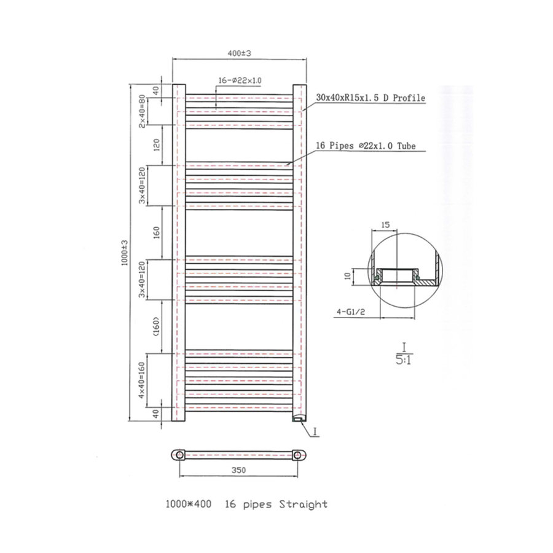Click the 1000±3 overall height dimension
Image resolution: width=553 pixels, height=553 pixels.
click(x=125, y=253)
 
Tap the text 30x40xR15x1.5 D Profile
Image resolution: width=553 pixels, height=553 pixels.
click(x=370, y=98)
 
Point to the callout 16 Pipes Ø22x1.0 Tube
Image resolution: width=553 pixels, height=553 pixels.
click(x=366, y=146)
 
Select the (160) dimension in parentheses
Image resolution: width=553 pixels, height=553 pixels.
click(x=157, y=326)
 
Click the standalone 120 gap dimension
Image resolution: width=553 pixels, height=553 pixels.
click(x=157, y=146)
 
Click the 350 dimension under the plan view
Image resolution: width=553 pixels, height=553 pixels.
click(x=239, y=470)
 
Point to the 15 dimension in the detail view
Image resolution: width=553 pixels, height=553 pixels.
click(x=386, y=225)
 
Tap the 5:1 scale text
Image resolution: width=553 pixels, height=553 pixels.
click(x=403, y=359)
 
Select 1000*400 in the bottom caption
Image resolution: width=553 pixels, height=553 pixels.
click(x=187, y=504)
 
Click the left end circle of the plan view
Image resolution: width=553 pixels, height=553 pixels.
click(x=179, y=455)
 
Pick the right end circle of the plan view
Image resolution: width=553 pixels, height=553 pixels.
click(x=297, y=455)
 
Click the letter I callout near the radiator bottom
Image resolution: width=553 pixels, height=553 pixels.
click(x=315, y=432)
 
